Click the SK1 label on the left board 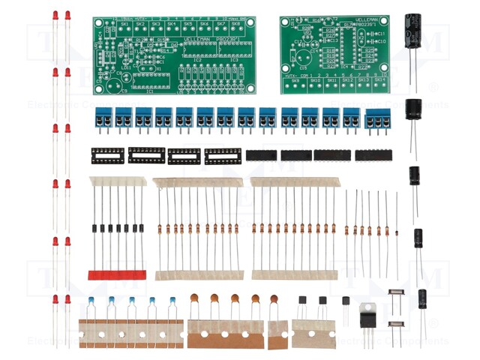point(124,24)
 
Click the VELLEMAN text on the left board point(197,37)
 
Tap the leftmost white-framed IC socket point(106,155)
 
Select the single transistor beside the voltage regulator point(346,301)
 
